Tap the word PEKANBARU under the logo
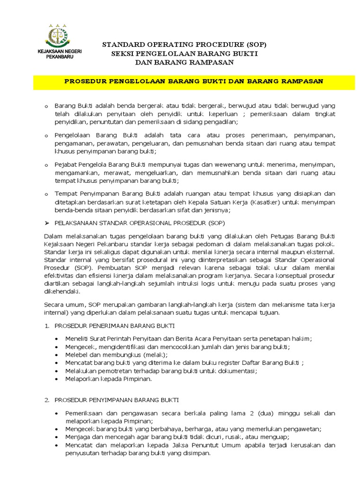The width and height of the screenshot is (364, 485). click(56, 56)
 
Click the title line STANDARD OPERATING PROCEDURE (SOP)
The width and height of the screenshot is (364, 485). click(184, 45)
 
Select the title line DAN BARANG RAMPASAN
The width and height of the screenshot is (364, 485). click(184, 62)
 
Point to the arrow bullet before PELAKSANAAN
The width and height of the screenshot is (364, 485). click(46, 223)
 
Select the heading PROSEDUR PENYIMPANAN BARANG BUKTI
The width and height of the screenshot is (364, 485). click(116, 400)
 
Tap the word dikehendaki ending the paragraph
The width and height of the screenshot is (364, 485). click(61, 292)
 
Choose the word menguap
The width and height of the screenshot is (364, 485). click(275, 437)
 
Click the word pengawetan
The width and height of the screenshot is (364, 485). click(302, 429)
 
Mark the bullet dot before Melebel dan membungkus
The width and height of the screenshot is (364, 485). click(57, 355)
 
